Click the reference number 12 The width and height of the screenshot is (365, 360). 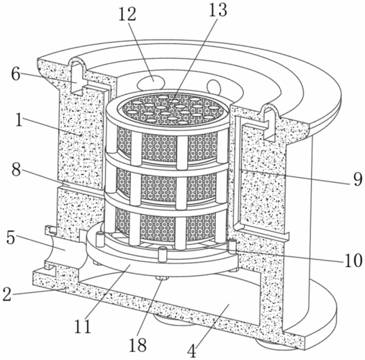pos(127,14)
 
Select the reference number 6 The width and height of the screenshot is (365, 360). pos(16,74)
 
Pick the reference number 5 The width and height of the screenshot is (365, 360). pos(11,238)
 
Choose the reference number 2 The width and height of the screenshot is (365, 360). pos(7,294)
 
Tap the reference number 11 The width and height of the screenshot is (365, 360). pos(83,325)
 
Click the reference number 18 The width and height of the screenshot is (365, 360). pos(138,345)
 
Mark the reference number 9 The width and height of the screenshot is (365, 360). pos(358,179)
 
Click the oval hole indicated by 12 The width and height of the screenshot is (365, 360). pos(151,82)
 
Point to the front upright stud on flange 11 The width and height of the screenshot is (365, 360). pos(162,254)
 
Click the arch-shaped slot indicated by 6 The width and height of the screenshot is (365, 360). pos(77,77)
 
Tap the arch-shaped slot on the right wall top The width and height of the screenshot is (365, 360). pos(270,122)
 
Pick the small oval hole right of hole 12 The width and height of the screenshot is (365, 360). pos(214,87)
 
